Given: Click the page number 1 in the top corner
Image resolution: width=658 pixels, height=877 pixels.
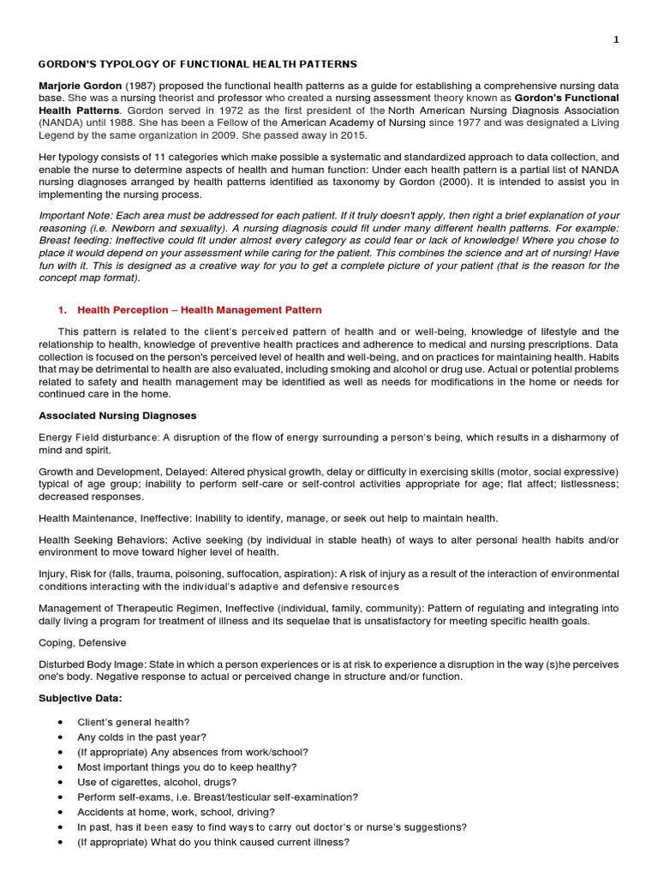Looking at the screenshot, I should (x=639, y=40).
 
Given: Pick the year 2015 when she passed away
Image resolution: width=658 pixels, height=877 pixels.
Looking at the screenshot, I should (x=350, y=134).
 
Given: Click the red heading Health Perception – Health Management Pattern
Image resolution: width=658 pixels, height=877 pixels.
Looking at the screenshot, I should (x=200, y=309).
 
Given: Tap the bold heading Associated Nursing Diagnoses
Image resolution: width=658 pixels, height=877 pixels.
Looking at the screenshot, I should (x=117, y=415).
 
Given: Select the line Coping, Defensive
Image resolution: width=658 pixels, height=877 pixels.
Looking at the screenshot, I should (x=82, y=642).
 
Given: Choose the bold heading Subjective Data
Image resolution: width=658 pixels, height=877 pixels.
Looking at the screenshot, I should (x=81, y=698).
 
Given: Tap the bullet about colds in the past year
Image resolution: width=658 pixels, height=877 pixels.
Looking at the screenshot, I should (x=141, y=737).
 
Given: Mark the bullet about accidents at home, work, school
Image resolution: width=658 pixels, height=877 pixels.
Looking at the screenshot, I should (x=176, y=812).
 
